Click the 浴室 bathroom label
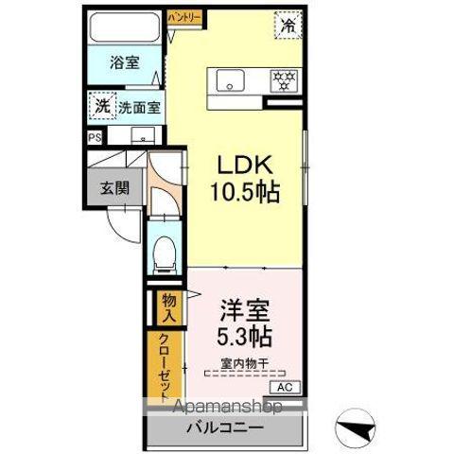(x=124, y=63)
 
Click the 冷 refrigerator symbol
(x=287, y=25)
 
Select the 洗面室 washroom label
(x=139, y=107)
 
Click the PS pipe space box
(x=94, y=137)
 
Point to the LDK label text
(x=244, y=163)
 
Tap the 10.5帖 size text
(x=244, y=193)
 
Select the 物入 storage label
(x=169, y=306)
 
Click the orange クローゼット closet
(x=164, y=364)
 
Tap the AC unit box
(x=284, y=387)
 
